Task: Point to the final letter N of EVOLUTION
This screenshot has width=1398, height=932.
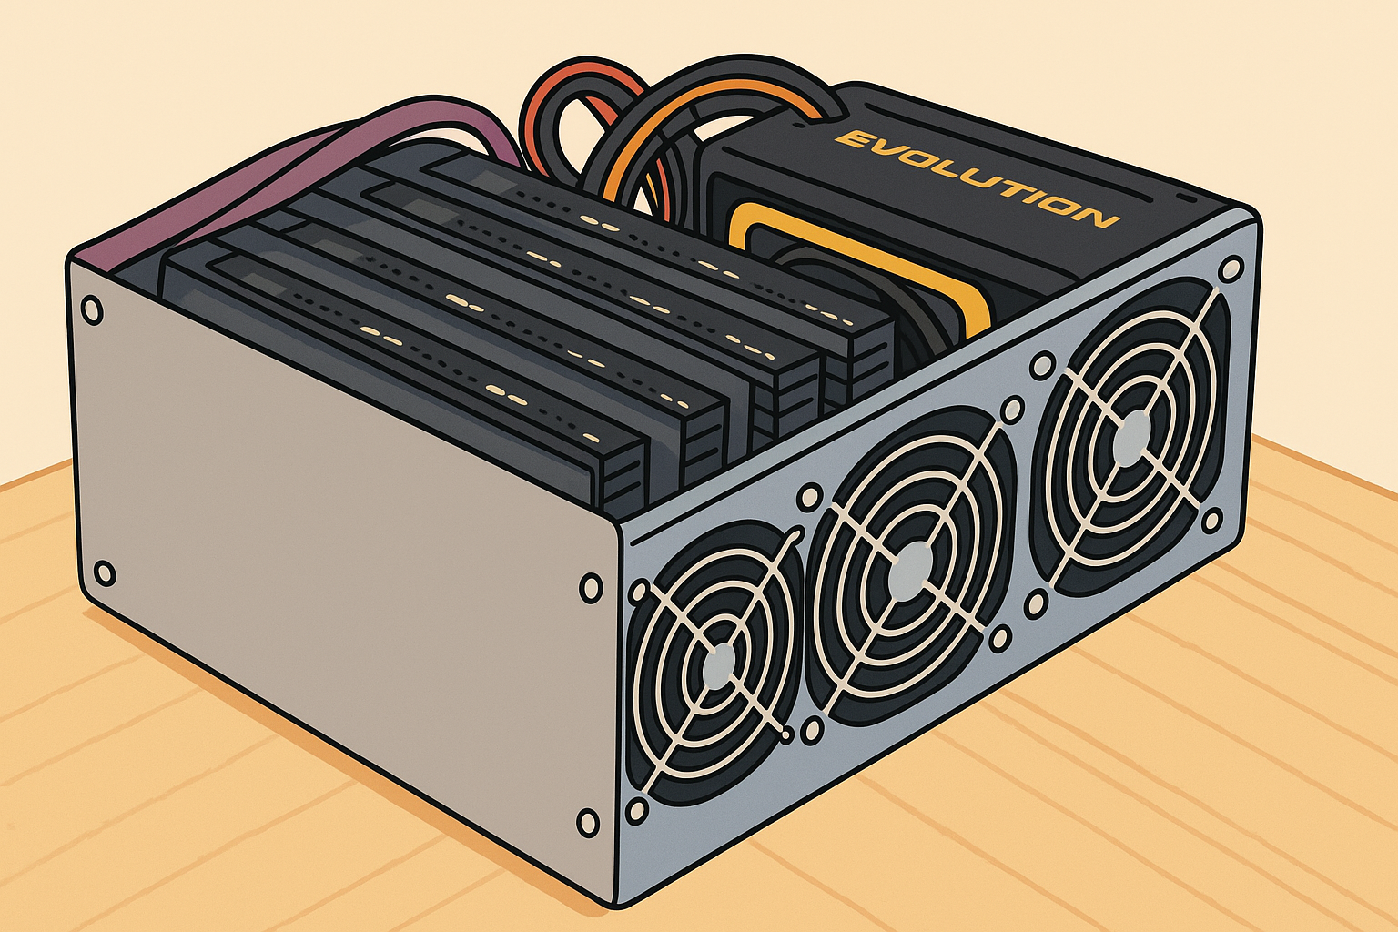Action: [1098, 218]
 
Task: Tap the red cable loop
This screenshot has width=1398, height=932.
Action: [581, 94]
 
